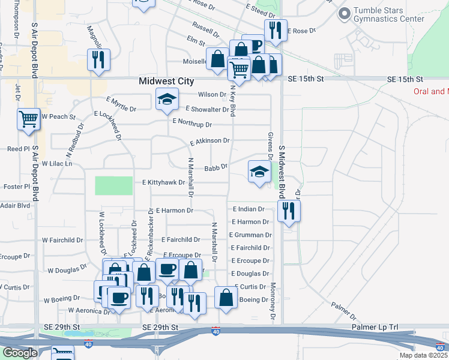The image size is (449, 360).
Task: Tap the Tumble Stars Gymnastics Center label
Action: [389, 14]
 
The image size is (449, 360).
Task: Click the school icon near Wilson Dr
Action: [167, 100]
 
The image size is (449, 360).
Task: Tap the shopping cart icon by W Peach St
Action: [29, 120]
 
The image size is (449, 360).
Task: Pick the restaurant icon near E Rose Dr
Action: [275, 30]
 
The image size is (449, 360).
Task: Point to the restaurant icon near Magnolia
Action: [97, 60]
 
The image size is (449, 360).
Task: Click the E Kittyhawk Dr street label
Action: [163, 182]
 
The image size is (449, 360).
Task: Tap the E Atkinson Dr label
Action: [209, 142]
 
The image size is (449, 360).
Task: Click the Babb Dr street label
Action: [215, 169]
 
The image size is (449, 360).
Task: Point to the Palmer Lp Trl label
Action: [377, 327]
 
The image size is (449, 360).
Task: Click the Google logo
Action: [20, 352]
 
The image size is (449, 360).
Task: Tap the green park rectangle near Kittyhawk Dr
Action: [113, 185]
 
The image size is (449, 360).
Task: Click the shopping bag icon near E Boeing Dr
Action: [226, 298]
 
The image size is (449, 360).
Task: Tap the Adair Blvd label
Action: [15, 205]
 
